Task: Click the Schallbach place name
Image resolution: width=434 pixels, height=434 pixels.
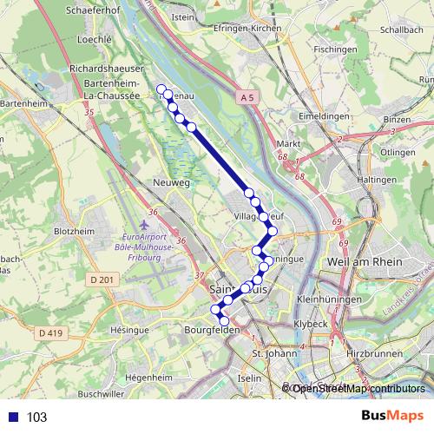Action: coord(400,29)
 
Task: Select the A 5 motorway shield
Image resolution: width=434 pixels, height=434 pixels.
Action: coord(246,100)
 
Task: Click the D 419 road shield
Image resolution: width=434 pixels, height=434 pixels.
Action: coord(49,332)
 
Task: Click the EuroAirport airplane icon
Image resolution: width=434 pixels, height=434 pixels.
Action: coord(141,215)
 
